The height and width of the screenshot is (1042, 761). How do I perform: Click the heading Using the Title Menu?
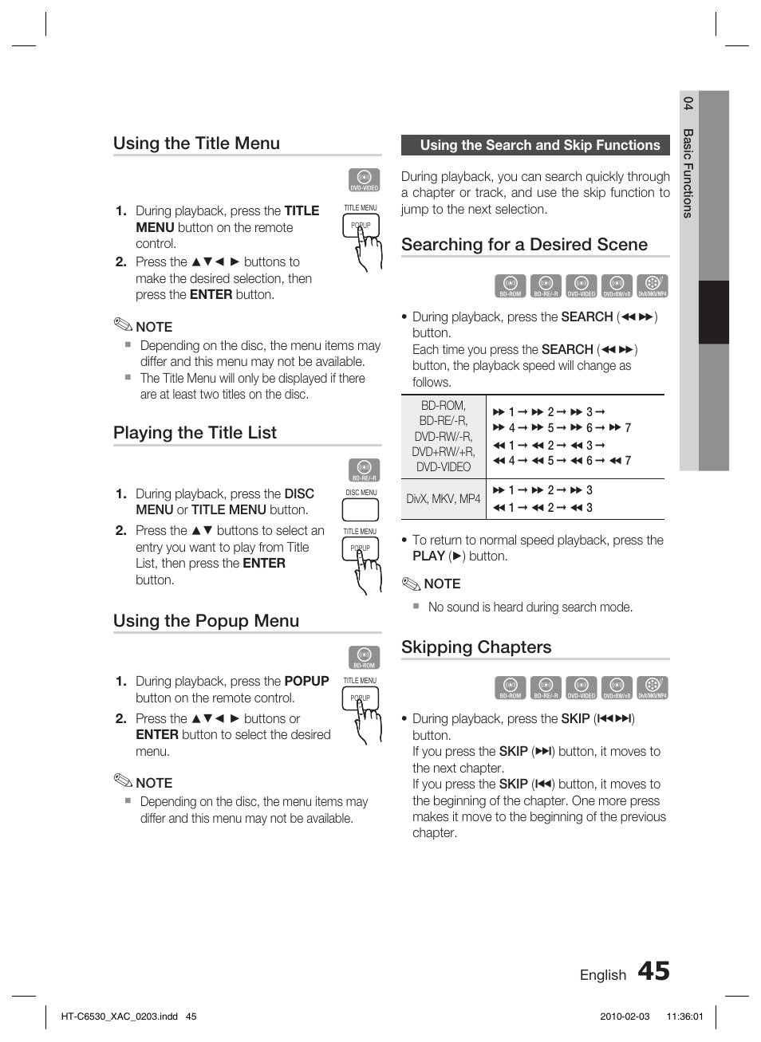point(196,144)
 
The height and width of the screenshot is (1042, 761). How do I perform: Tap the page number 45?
point(653,971)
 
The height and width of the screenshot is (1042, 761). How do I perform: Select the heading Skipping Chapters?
point(476,647)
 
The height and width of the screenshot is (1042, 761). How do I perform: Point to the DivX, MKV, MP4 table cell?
point(443,499)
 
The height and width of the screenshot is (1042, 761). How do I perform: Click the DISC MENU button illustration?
point(360,509)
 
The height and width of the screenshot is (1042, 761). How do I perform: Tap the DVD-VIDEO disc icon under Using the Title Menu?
point(364,180)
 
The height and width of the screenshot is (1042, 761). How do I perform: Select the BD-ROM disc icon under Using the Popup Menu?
point(364,657)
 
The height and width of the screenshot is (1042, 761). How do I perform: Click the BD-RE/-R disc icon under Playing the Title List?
point(364,470)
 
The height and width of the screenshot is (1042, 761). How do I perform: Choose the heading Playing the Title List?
point(195,433)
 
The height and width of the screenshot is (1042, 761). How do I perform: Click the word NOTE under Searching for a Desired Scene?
point(442,584)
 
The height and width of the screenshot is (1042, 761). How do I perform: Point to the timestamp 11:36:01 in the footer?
point(684,1016)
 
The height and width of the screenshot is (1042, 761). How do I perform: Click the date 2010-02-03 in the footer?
point(625,1016)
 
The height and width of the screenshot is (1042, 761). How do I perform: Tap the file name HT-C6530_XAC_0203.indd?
point(119,1016)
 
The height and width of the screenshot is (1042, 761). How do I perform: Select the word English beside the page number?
point(602,975)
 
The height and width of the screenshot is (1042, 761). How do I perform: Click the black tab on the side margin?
point(714,312)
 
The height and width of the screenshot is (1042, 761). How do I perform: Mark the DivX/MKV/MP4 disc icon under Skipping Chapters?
point(652,687)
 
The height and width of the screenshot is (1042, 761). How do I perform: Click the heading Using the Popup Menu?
point(206,621)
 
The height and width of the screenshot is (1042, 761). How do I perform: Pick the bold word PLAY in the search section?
point(428,556)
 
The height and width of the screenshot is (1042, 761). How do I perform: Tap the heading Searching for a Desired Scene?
point(524,245)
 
